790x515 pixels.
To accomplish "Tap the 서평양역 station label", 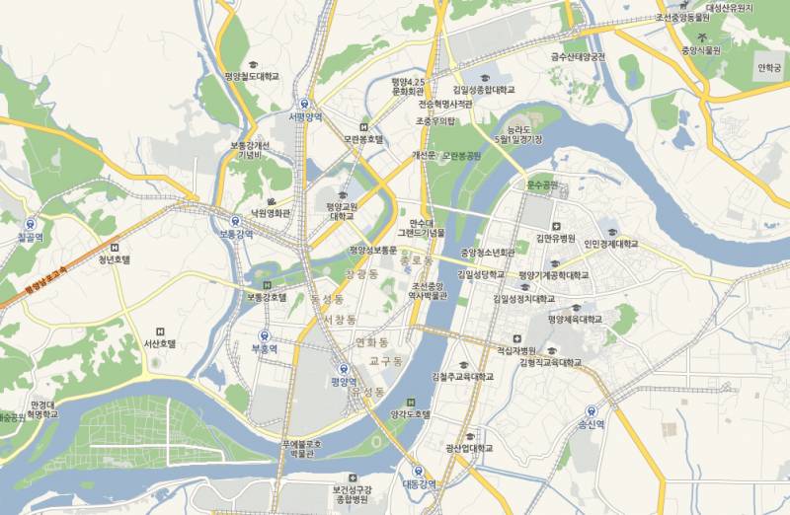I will (x=306, y=116).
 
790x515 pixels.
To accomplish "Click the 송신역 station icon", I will (x=590, y=411).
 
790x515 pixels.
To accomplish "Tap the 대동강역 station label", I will (x=418, y=483).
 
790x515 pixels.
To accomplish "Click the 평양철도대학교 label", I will (x=252, y=76).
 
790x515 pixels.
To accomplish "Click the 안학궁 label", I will (x=768, y=68).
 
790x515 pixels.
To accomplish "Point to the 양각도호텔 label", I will (x=412, y=414).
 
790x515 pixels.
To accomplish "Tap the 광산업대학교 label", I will (x=469, y=448).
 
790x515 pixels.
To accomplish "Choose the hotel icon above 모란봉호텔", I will (x=363, y=127).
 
